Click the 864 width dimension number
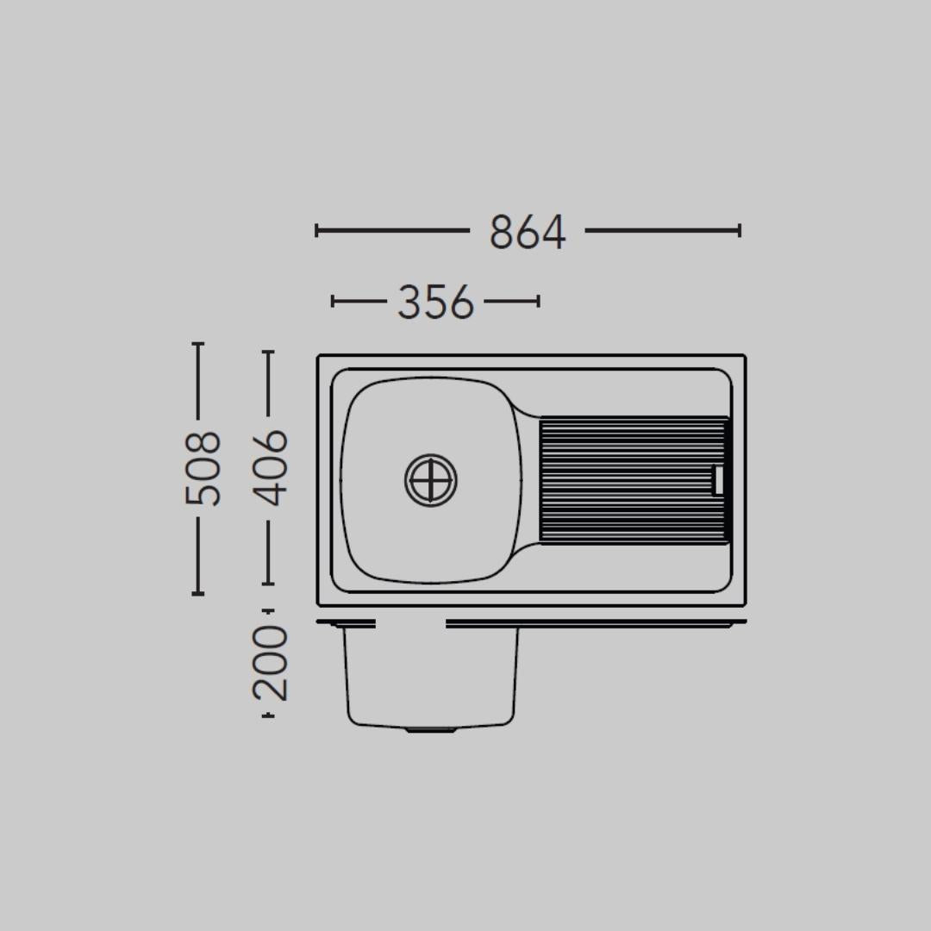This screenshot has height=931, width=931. (528, 232)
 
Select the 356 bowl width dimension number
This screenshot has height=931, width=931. (436, 302)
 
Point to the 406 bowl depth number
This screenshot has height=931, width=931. (270, 468)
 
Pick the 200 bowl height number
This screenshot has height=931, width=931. (270, 663)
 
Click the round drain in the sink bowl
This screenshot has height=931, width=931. (431, 480)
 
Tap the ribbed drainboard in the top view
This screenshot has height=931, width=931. (634, 480)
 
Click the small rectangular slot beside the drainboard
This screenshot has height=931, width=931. (718, 480)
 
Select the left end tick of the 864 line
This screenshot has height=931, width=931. (316, 230)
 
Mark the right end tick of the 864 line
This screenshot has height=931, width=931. (740, 230)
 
